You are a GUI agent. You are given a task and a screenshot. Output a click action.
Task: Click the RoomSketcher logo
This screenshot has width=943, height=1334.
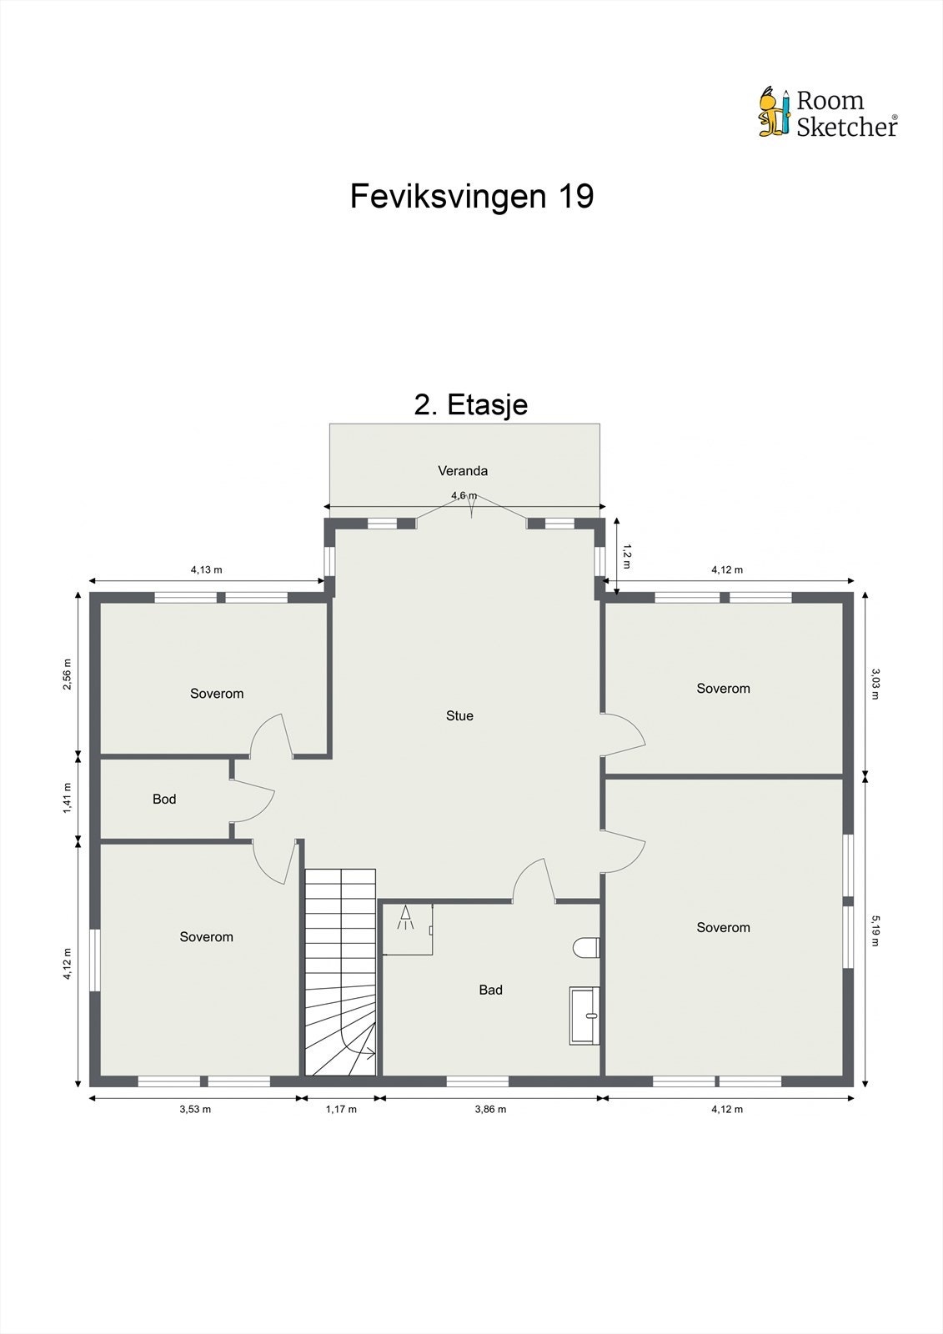coord(827,113)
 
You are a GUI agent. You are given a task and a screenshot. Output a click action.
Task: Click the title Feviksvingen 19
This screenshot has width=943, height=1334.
coord(471,196)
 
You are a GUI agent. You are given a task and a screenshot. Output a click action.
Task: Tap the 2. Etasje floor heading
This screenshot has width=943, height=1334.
coord(471,404)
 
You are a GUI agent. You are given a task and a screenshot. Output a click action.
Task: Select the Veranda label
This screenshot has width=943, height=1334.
coord(463,471)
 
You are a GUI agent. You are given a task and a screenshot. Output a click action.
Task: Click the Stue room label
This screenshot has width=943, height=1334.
coord(459,715)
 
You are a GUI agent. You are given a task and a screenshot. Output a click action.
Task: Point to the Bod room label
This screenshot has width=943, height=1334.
coord(164,799)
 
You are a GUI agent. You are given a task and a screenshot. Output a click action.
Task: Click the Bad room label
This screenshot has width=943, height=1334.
coord(490,990)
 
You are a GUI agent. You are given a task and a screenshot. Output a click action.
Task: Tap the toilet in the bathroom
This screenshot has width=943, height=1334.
coord(588,948)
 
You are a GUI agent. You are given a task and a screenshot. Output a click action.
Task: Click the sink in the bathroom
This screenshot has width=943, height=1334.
coord(585,1015)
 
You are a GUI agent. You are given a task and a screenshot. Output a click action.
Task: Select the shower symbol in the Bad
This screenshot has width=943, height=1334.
coord(406,920)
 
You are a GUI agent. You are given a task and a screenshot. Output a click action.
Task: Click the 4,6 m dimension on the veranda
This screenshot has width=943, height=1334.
coord(464,495)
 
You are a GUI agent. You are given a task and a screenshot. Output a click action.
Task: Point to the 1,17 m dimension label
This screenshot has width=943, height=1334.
coord(340,1109)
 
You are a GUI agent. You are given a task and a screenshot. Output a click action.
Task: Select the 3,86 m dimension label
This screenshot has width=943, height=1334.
coord(490,1109)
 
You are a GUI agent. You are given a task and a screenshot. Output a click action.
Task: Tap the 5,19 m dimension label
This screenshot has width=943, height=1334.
coord(875,930)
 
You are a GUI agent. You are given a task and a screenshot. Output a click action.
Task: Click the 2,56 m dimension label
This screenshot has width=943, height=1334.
coord(68,675)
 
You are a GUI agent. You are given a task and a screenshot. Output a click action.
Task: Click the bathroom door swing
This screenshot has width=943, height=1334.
coord(534,881)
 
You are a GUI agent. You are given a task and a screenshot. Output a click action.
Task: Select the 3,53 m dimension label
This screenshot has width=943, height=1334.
coord(195,1109)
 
